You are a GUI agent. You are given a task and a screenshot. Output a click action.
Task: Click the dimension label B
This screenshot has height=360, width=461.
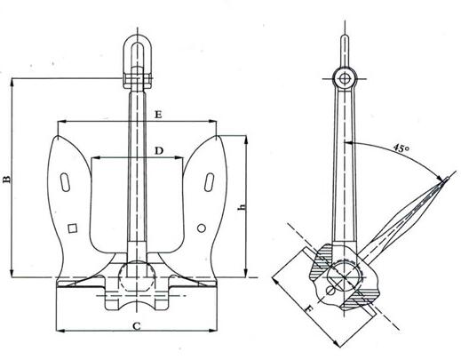click(7, 180)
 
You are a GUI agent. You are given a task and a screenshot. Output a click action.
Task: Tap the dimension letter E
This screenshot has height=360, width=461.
click(158, 115)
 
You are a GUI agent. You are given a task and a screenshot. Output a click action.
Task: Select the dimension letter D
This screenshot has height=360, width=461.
click(159, 151)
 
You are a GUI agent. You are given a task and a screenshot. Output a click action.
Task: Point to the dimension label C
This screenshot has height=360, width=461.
click(137, 326)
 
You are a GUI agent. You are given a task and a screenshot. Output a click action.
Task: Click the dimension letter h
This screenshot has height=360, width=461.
click(242, 206)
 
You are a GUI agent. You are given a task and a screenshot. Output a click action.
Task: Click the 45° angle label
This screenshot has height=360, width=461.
click(401, 148)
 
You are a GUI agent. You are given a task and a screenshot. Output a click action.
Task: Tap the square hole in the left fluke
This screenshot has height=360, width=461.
click(73, 228)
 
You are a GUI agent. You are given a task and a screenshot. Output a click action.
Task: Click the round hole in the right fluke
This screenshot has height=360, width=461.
click(202, 228)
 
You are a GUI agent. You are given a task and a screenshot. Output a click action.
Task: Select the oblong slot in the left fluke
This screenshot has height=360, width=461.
click(65, 182)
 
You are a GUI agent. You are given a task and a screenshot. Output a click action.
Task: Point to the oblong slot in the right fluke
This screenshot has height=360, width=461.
click(210, 182)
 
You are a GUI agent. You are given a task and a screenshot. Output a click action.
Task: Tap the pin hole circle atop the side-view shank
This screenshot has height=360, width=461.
click(344, 79)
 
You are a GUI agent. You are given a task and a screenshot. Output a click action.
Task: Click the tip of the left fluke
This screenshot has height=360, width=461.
click(58, 137)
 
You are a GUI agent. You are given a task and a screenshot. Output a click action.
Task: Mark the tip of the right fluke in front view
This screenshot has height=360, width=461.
click(217, 137)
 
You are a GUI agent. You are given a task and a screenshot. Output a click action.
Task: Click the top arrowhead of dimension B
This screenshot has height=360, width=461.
click(12, 83)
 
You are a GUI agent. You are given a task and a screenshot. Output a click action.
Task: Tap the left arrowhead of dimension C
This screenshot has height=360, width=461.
click(60, 330)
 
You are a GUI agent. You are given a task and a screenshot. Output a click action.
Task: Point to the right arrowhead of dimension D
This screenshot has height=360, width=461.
click(179, 158)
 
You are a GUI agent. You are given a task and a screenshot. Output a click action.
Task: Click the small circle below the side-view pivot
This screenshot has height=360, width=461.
click(331, 291)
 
